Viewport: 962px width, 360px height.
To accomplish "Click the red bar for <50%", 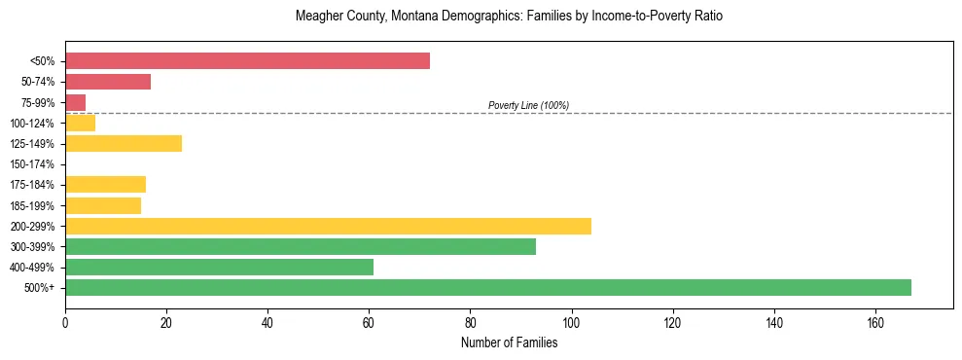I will coord(247,61).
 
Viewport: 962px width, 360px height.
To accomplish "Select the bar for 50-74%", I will coord(108,82).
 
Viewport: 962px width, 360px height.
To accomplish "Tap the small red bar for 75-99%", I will coord(75,102).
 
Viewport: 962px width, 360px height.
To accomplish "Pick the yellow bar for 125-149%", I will coord(124,144).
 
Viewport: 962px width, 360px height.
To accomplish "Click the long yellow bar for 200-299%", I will coord(328,226).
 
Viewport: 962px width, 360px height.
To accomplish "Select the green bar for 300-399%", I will coord(301,246).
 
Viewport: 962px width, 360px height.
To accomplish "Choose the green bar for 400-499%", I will coord(219,267).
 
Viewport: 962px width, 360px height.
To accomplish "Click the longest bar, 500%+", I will coord(488,287).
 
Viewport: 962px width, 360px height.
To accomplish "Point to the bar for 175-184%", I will coord(105,185).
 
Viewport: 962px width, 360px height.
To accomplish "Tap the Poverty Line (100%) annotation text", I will coord(528,105).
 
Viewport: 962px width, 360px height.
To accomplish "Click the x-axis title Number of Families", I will coord(509,342).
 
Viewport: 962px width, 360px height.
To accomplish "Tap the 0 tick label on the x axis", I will coord(65,322).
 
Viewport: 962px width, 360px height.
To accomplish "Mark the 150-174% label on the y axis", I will coord(32,164).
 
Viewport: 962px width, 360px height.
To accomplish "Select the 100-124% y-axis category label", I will coord(32,124).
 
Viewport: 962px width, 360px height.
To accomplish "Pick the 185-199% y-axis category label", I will coord(32,206).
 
